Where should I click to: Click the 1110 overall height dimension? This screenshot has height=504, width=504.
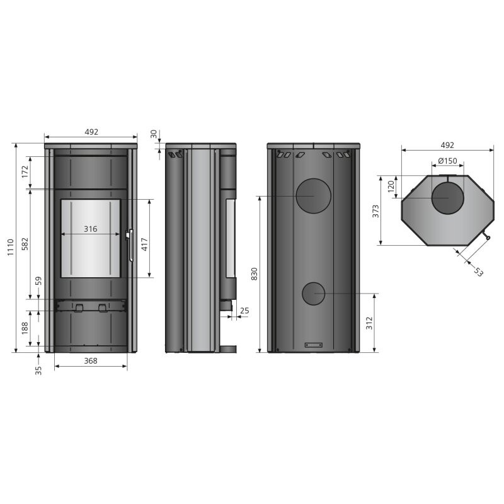click(x=11, y=247)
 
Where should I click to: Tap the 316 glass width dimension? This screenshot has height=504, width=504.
click(x=90, y=229)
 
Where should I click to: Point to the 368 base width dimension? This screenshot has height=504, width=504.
click(x=91, y=361)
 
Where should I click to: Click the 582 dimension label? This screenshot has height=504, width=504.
click(x=25, y=244)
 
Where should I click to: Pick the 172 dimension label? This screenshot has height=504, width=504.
click(x=25, y=172)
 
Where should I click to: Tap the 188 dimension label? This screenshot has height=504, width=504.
click(x=25, y=328)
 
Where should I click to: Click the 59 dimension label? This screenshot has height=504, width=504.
click(x=38, y=280)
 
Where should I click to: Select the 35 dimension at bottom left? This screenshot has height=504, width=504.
click(x=38, y=370)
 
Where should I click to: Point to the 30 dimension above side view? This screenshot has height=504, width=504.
click(x=154, y=134)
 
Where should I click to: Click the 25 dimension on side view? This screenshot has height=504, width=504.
click(x=244, y=311)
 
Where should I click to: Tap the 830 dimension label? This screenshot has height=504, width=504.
click(x=255, y=274)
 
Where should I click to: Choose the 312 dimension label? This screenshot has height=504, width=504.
click(x=369, y=323)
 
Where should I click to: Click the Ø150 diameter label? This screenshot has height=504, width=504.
click(x=447, y=161)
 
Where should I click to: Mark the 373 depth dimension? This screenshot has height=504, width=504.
click(x=375, y=211)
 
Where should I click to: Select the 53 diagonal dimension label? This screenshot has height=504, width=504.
click(x=478, y=272)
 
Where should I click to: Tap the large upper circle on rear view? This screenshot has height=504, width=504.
click(x=313, y=196)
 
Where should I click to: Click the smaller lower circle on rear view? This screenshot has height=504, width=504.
click(x=313, y=294)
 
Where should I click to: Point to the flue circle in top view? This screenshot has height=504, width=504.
click(x=447, y=198)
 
